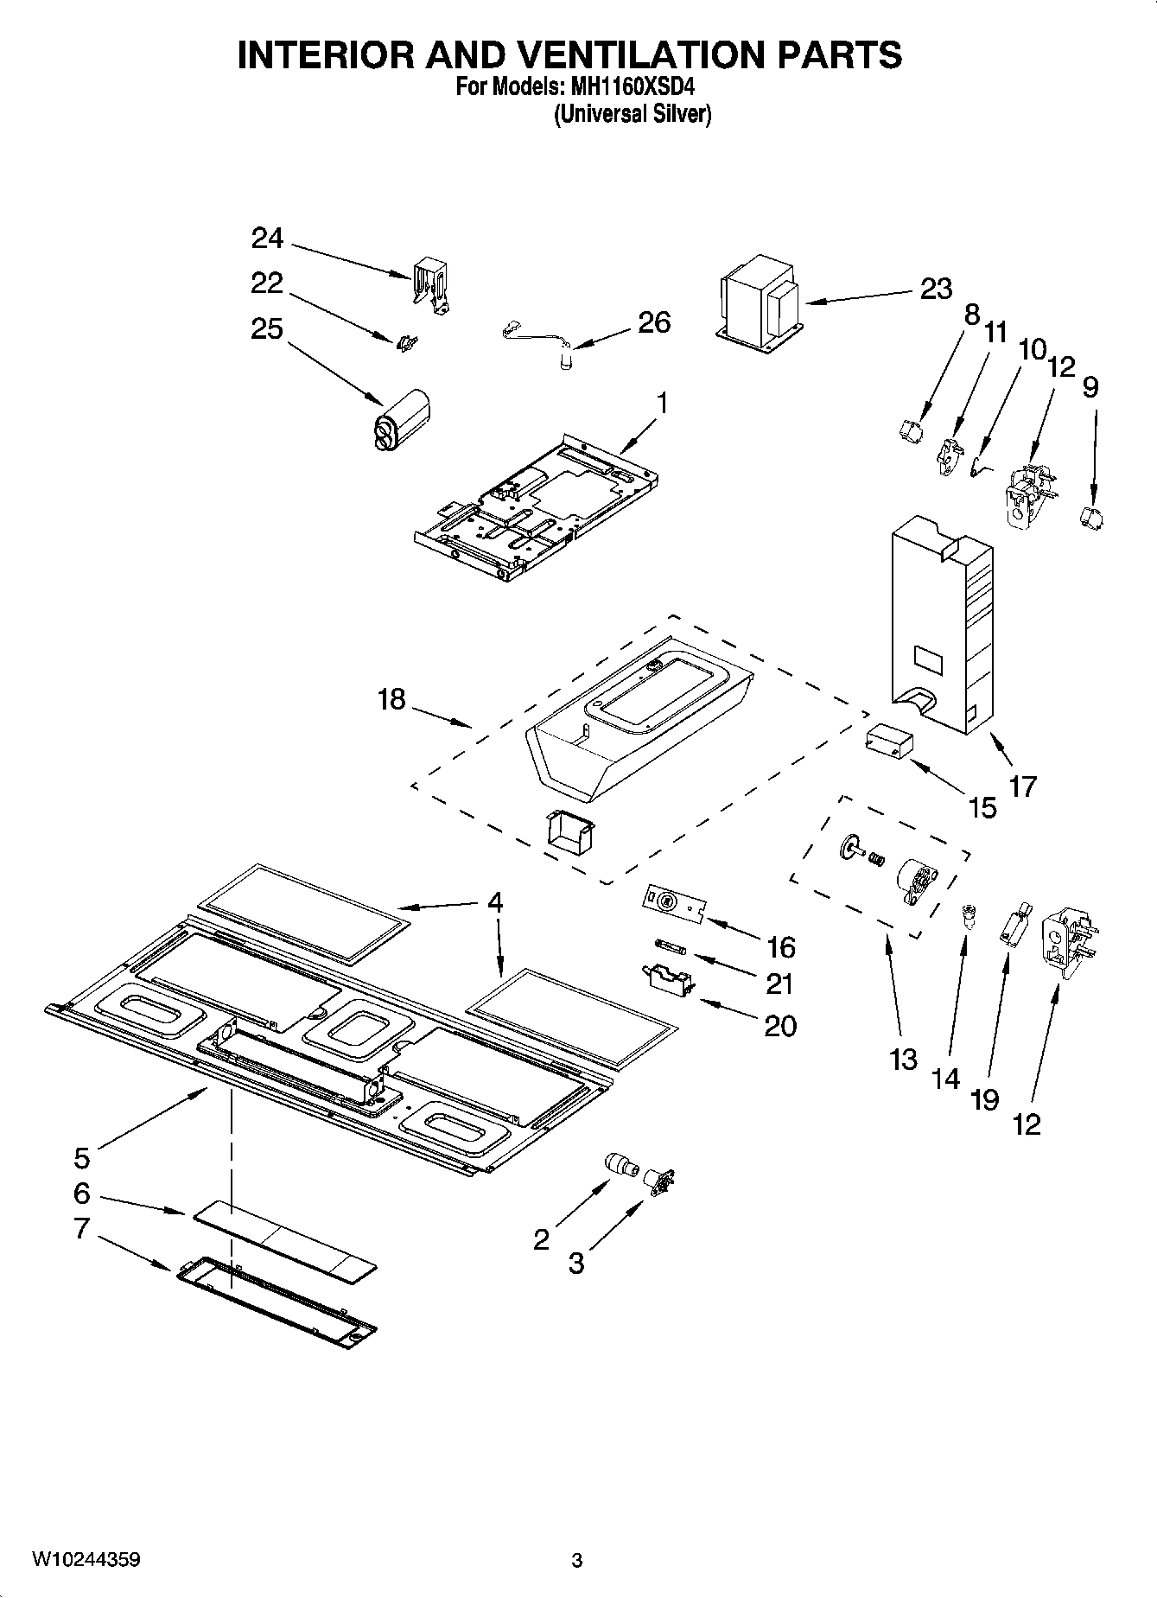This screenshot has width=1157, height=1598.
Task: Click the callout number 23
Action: (x=936, y=289)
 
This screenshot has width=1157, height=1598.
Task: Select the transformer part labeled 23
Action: (x=758, y=305)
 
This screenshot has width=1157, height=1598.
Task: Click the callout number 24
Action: (x=268, y=238)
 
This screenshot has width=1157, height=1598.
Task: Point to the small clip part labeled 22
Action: (x=404, y=343)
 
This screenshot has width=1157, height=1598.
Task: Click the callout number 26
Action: (x=654, y=322)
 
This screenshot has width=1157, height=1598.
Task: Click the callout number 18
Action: (x=391, y=699)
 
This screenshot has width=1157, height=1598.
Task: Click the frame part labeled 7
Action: (x=277, y=1302)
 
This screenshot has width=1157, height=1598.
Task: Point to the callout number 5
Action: (x=82, y=1157)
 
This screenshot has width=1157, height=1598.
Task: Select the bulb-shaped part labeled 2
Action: (x=620, y=1164)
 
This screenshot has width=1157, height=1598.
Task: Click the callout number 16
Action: (x=780, y=947)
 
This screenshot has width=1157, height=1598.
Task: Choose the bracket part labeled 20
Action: (x=667, y=980)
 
